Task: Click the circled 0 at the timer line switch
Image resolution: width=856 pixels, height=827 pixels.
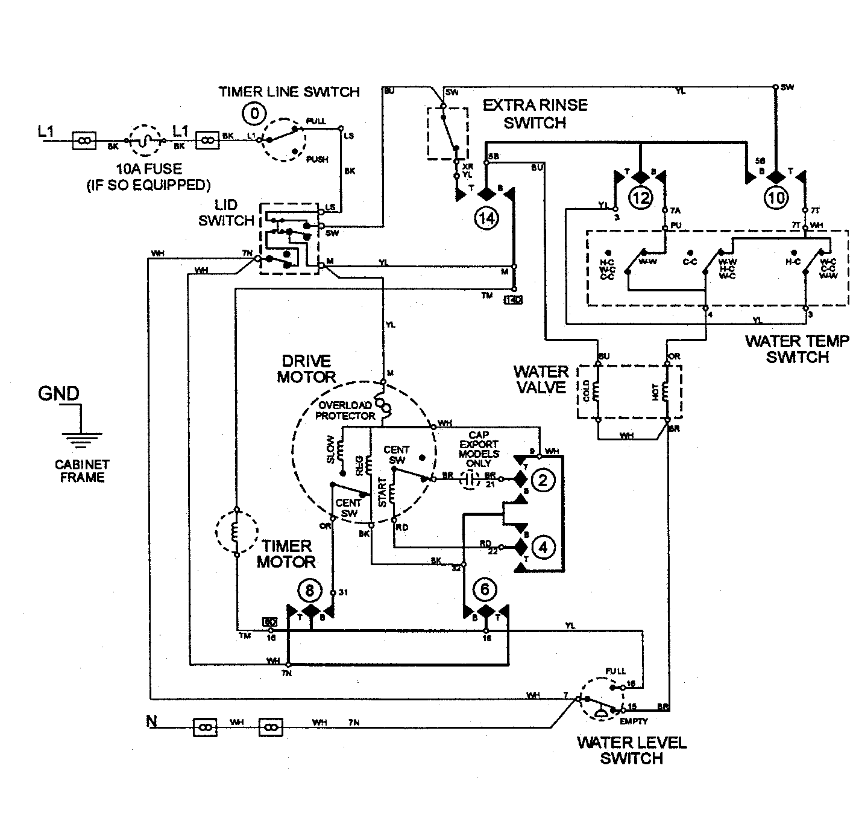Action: coord(256,113)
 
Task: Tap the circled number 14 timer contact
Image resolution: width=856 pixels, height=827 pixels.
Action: coord(486,218)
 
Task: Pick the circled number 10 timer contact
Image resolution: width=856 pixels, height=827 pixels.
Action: coord(776,197)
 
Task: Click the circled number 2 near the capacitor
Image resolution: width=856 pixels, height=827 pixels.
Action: coord(543,480)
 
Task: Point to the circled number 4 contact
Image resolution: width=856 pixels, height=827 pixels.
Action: coord(543,547)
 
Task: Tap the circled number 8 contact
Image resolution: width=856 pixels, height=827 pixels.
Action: coord(310,591)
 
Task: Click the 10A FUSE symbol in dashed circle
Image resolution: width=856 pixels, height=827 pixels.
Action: coord(146,141)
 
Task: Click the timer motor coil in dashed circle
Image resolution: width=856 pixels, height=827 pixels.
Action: coord(236,531)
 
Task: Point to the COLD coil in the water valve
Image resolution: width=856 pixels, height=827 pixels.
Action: coord(597,391)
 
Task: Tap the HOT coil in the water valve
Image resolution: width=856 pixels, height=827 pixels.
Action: coord(666,391)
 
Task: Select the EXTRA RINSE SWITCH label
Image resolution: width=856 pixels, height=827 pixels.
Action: coord(535,114)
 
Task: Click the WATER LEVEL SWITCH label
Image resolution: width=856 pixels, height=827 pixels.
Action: coord(631,750)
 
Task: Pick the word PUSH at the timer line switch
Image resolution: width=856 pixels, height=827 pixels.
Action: coord(317,159)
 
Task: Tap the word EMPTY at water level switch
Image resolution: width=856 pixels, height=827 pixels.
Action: coord(633,720)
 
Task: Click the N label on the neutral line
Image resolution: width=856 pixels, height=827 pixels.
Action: coord(151,721)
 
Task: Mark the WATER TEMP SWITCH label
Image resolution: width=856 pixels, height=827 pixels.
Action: coord(797,349)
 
